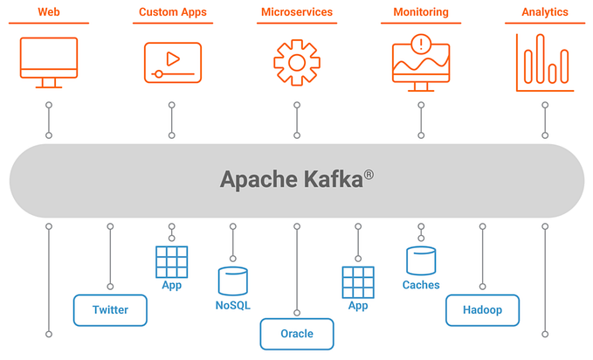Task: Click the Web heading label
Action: (48, 12)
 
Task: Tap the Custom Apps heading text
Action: (172, 12)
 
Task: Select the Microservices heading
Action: (297, 12)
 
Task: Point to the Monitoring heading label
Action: (421, 12)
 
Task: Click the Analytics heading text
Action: (545, 12)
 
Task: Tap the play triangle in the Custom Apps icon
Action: (174, 59)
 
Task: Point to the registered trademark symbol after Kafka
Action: (369, 174)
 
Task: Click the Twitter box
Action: (110, 310)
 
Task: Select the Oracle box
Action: (297, 334)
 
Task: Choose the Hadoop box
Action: (482, 310)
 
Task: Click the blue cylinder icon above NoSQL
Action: (233, 280)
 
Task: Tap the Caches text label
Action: (421, 285)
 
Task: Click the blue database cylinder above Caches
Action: (421, 260)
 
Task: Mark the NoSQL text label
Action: (233, 305)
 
